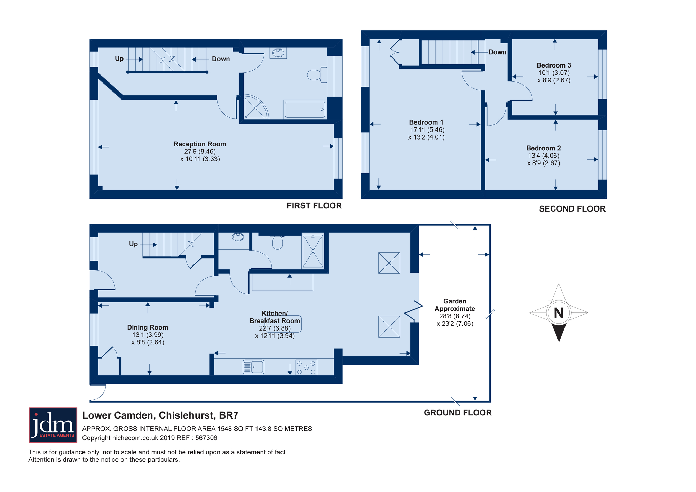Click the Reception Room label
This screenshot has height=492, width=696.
(200, 144)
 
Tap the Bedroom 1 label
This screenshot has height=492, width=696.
(426, 122)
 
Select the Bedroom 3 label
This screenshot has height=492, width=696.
(554, 65)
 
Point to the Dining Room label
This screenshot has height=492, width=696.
(148, 327)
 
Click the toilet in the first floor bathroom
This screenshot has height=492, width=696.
(317, 74)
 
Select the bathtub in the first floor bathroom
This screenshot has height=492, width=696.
(305, 109)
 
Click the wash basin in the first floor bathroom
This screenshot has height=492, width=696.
(278, 53)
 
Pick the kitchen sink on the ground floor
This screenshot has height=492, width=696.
(253, 367)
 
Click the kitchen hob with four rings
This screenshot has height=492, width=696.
(306, 367)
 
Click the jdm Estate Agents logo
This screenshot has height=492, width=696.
(53, 425)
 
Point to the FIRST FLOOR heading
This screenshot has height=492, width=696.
(314, 206)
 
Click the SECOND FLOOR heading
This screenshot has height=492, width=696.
(572, 209)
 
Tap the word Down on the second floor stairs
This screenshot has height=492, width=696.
(497, 52)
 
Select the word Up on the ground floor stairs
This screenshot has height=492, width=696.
(134, 244)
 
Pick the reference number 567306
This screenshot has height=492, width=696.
(206, 438)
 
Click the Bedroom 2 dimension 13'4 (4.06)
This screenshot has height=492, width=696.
(544, 156)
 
